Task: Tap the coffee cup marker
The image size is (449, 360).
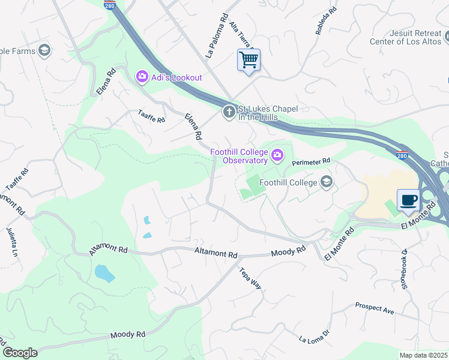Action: click(409, 200)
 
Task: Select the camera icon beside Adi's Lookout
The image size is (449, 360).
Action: click(142, 76)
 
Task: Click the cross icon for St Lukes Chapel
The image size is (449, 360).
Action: click(228, 112)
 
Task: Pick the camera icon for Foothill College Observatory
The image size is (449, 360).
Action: click(277, 156)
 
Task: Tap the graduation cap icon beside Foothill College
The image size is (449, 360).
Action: click(327, 182)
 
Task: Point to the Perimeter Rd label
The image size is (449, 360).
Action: click(311, 162)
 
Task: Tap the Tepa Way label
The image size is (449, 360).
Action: click(250, 278)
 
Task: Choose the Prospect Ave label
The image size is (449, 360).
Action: click(374, 308)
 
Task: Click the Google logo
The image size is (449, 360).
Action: click(20, 353)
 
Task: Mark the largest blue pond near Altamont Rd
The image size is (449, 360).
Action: click(104, 273)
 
